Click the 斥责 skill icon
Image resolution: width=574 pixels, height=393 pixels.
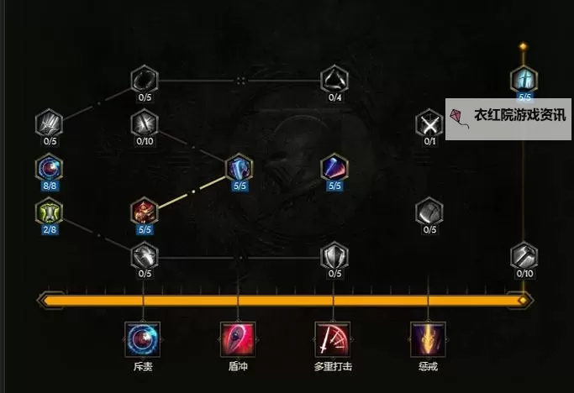(143, 338)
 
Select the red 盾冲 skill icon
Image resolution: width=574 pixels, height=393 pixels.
(238, 338)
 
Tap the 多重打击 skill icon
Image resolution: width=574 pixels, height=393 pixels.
(334, 338)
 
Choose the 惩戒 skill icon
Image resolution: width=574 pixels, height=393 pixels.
(429, 338)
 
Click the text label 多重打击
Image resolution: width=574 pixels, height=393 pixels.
(334, 367)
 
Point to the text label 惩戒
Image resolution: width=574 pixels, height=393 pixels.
(429, 367)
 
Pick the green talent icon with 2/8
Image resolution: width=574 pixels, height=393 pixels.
(49, 212)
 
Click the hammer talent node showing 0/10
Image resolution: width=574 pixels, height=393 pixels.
(524, 256)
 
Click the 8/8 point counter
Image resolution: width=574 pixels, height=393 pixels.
(49, 186)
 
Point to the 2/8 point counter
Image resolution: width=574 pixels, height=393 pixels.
(49, 229)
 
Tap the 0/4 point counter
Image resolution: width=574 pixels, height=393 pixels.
(334, 97)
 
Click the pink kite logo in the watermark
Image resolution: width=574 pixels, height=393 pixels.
(459, 117)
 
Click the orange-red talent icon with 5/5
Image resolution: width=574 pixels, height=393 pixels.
(144, 212)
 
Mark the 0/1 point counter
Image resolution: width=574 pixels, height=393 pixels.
(429, 142)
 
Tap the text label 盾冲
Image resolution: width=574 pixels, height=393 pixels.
(238, 367)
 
